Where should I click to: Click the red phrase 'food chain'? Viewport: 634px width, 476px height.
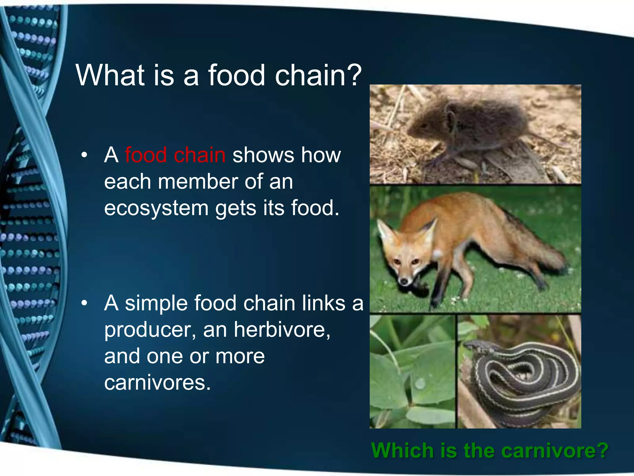tap(175, 155)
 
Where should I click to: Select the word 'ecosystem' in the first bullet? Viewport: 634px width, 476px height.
tap(156, 208)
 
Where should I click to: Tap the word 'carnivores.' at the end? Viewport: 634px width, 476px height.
tap(157, 383)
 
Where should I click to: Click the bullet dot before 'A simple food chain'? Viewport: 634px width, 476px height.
tap(84, 303)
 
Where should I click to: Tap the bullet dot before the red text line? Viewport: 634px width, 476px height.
tap(84, 155)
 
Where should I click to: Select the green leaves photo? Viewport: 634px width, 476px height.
tap(412, 372)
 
